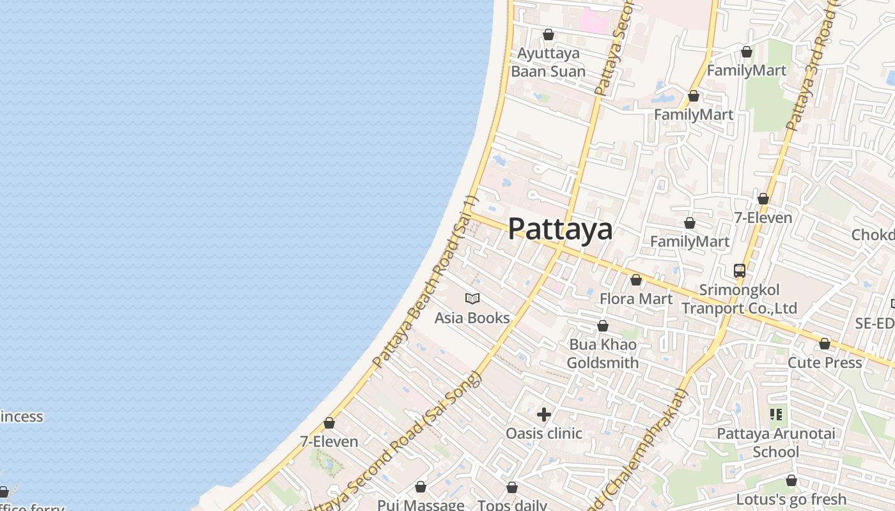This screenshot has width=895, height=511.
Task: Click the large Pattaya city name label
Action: pos(560,229)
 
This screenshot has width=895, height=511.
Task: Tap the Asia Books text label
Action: pos(472,317)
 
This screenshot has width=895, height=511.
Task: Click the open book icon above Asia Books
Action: pos(472,298)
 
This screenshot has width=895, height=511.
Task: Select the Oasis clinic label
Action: pos(543,433)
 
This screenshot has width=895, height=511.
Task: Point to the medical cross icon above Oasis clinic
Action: pos(544,415)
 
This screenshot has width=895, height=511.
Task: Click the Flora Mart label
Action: pos(635,298)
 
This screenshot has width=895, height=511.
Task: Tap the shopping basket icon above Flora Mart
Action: pos(636,280)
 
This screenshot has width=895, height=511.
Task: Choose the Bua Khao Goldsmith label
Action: pos(602,354)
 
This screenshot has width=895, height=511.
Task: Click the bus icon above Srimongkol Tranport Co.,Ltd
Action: pos(740,271)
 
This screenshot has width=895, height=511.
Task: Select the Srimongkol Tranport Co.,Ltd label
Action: pos(739,299)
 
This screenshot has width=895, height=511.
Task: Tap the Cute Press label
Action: pos(825,362)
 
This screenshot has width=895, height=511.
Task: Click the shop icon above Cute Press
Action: pos(825,344)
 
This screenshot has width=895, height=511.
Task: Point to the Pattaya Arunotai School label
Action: pos(775,443)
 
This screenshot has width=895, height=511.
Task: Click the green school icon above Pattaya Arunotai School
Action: pos(776,415)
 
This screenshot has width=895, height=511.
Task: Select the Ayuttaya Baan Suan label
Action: pos(548,62)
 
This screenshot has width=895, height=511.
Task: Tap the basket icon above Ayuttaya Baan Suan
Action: pos(549,34)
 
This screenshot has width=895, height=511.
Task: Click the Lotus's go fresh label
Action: pos(791,499)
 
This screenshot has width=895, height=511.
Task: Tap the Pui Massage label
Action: pos(420,505)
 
